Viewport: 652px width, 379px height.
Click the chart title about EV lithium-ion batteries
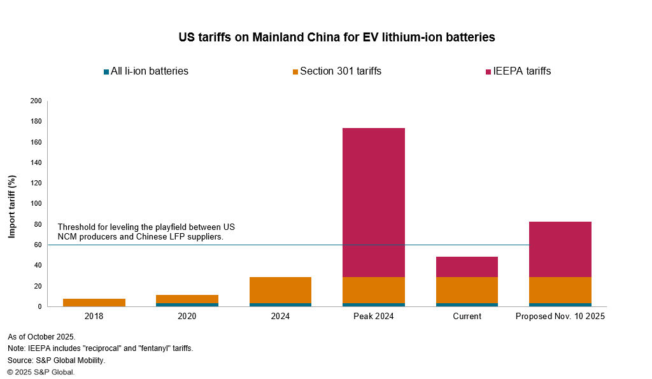coord(337,38)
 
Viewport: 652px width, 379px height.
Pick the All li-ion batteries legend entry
coord(146,71)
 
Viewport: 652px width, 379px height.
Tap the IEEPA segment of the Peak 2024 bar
coord(374,203)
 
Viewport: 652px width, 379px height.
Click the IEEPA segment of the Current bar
coord(467,267)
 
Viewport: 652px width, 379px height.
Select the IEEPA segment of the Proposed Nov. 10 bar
coord(560,249)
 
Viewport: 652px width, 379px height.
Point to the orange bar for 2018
coord(94,303)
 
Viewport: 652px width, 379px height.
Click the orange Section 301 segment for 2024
coord(280,290)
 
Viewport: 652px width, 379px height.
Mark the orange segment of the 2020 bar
coord(187,299)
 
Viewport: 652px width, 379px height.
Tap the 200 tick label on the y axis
coord(36,101)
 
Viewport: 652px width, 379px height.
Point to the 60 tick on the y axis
coord(38,245)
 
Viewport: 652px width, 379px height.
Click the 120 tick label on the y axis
coord(36,183)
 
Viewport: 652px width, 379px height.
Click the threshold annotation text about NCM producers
coord(146,232)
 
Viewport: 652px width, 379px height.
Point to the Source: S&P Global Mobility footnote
coord(56,360)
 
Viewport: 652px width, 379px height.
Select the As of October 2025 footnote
coord(41,336)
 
